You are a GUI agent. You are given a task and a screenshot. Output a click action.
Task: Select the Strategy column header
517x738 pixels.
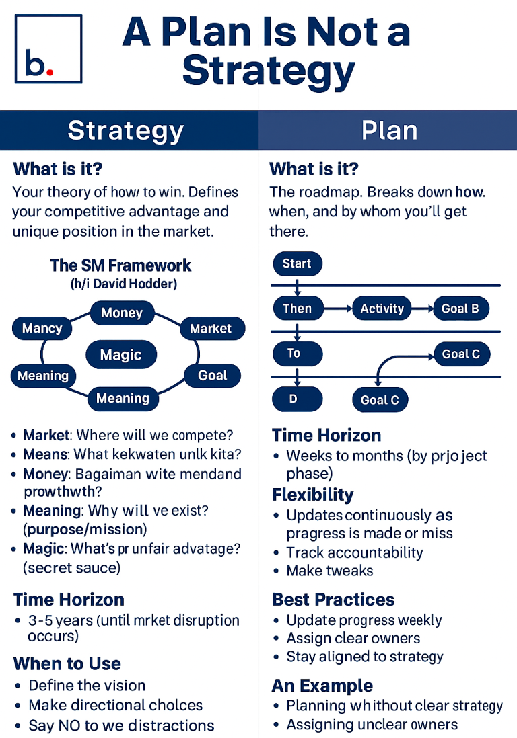coord(125,130)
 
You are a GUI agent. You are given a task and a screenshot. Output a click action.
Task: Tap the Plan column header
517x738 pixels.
coord(389,130)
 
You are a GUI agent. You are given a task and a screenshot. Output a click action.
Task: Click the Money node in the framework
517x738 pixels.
coord(122,313)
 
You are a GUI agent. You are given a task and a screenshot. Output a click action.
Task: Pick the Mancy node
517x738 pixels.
coord(42,329)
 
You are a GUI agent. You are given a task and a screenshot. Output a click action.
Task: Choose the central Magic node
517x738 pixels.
coord(121,354)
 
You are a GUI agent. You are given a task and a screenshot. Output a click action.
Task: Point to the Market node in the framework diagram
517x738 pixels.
coord(211,329)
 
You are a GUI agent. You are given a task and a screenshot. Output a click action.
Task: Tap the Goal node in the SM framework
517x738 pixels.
coord(213,376)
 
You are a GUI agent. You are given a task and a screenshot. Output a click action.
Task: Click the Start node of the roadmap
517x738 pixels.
coord(297,263)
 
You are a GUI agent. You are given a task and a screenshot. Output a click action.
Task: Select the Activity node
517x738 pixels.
coord(382,309)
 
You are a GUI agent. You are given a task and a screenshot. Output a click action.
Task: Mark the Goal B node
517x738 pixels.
coord(460,309)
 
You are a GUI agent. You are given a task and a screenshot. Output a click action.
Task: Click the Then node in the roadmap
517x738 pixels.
coord(297,309)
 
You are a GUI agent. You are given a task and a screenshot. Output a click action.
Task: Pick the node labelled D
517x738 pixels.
coord(294,399)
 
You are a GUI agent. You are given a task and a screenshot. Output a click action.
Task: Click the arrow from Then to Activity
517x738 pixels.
coord(338,309)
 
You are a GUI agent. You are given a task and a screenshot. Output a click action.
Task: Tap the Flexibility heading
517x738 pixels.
coord(312,495)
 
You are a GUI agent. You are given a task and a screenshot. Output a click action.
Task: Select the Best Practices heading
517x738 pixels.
coord(333,600)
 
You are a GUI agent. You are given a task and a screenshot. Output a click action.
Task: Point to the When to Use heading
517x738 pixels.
coord(67,664)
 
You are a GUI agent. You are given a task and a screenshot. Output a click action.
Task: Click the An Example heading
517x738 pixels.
coord(322,686)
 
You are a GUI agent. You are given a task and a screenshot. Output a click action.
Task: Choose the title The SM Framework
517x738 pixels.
coord(120,265)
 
